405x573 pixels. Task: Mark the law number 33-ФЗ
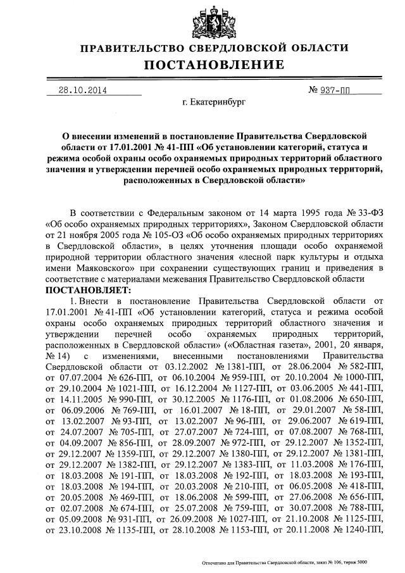363,211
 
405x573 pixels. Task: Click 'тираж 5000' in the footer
352,562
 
